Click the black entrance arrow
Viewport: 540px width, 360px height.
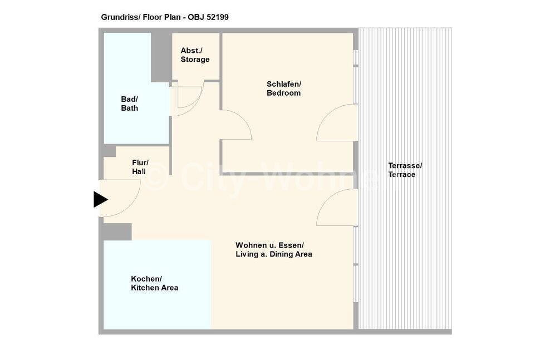(101, 200)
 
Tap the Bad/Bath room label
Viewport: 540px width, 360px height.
(130, 103)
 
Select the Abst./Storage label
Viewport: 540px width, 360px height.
(195, 55)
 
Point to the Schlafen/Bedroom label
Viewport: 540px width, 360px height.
(284, 88)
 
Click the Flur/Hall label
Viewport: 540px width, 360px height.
(140, 167)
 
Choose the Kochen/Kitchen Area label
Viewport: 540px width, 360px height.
(155, 283)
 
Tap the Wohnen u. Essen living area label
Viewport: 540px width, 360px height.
(274, 250)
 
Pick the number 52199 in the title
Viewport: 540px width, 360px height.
(217, 17)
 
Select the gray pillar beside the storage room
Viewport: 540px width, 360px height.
(161, 57)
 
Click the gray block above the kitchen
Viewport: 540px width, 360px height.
(117, 231)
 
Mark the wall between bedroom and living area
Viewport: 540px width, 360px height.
(287, 174)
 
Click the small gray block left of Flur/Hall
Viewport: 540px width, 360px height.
(110, 151)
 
